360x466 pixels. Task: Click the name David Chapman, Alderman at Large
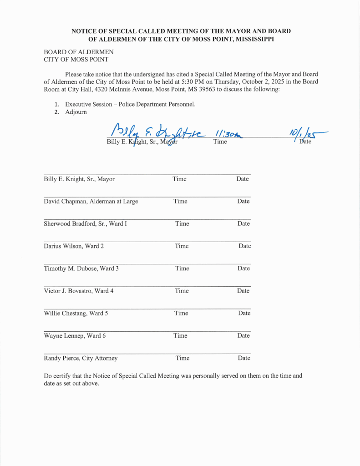tap(91, 201)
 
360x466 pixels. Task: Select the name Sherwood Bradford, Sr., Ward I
tap(85, 223)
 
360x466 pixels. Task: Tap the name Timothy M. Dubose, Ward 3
tap(81, 268)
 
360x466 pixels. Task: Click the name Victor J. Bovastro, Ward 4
tap(79, 291)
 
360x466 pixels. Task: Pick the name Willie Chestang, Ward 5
tap(76, 313)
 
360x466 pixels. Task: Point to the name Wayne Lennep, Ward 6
tap(75, 336)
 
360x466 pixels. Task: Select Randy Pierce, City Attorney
tap(81, 358)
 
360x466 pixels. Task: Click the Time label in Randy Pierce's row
tap(183, 358)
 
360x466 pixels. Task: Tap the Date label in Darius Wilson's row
tap(245, 246)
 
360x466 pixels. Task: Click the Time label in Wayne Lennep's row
tap(180, 336)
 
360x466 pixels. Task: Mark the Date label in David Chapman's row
tap(243, 201)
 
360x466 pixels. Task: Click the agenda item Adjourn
tap(76, 112)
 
